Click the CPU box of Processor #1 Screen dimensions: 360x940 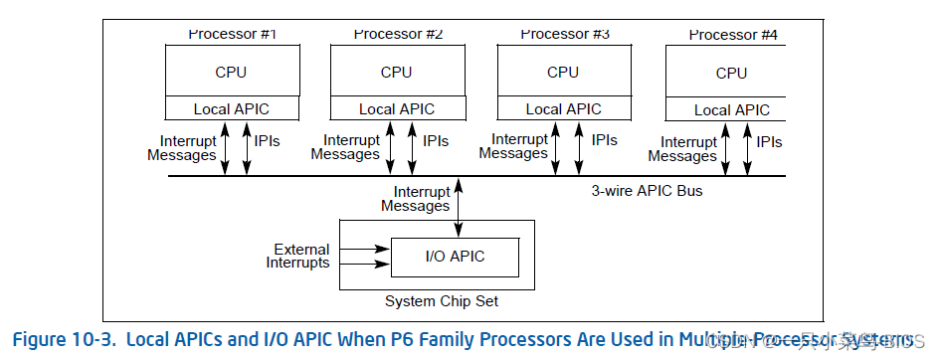(231, 72)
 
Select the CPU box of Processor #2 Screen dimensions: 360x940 (396, 72)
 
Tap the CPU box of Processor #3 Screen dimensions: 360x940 (563, 72)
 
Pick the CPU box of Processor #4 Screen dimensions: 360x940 (730, 73)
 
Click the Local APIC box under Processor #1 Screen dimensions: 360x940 (231, 109)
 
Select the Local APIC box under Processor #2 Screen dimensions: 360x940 (396, 109)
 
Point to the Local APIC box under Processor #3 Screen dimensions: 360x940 (563, 109)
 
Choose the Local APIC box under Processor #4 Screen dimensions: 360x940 (730, 110)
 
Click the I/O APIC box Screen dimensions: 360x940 (455, 257)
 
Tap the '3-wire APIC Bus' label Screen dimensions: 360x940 (647, 190)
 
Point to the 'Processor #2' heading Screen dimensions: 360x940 (398, 34)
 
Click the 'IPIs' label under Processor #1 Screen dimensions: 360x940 (268, 141)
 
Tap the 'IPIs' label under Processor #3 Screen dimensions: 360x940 (604, 141)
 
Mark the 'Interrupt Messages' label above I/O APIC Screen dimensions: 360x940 (416, 199)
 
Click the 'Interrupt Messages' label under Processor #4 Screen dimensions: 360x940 (682, 149)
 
